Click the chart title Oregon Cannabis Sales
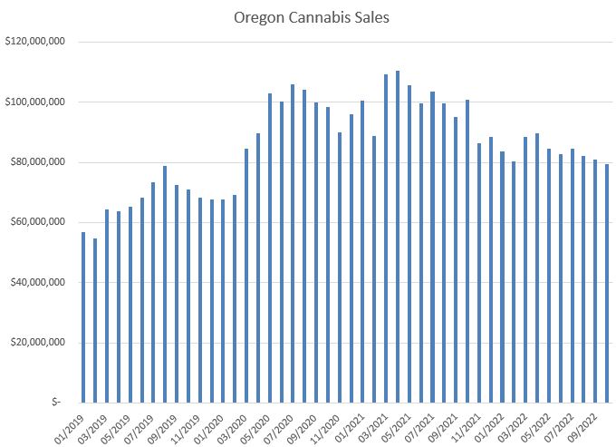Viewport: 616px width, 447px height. (x=311, y=17)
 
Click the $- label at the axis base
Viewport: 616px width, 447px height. (x=56, y=402)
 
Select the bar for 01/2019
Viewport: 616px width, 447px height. (x=83, y=317)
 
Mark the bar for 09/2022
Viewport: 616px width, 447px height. (x=595, y=281)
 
